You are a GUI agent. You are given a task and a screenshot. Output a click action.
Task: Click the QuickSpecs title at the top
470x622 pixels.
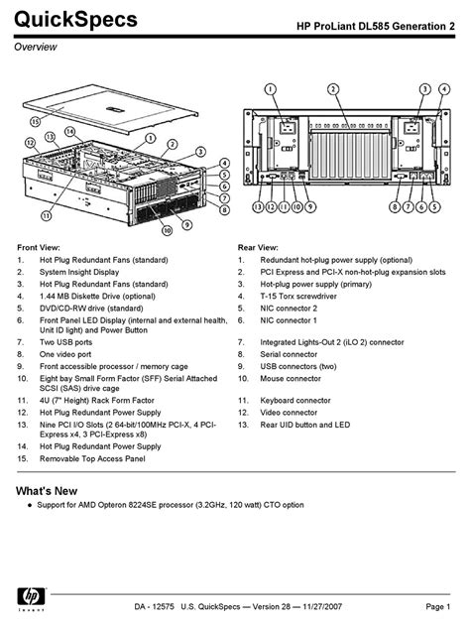tap(75, 20)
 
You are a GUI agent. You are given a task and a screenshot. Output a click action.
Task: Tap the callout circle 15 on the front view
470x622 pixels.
tap(36, 121)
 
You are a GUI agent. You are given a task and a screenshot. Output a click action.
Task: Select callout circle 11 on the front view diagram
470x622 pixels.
tap(47, 216)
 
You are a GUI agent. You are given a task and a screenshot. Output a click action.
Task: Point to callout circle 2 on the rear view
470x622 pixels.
tap(333, 89)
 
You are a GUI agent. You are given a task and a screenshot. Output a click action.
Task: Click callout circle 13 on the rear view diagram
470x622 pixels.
tap(258, 206)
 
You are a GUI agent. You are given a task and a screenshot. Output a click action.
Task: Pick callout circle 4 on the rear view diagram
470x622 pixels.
tap(444, 89)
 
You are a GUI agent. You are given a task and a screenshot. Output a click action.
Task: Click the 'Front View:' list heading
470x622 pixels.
tap(39, 248)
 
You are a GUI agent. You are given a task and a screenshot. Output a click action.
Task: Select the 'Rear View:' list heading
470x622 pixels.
tap(258, 248)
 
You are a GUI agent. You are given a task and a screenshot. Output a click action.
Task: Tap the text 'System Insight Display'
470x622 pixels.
tap(79, 272)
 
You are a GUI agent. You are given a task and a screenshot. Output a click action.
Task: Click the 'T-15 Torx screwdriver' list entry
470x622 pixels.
tap(298, 297)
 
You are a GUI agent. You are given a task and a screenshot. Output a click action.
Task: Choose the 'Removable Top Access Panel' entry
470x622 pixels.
tap(92, 459)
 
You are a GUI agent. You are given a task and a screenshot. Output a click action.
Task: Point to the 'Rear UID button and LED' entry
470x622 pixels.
tap(305, 425)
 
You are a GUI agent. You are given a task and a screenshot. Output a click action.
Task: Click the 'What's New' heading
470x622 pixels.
tap(47, 491)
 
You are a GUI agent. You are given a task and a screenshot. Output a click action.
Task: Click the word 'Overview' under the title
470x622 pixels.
tap(36, 47)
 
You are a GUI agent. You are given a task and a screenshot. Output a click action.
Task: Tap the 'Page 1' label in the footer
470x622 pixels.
tap(438, 606)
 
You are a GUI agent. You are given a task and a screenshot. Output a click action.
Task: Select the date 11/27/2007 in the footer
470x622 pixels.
tap(322, 606)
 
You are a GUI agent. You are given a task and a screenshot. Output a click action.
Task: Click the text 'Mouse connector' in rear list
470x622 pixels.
tap(291, 379)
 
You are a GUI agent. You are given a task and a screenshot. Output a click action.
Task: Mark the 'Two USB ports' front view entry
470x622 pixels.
tap(65, 342)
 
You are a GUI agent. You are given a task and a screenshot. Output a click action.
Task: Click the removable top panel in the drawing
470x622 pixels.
tap(109, 107)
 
